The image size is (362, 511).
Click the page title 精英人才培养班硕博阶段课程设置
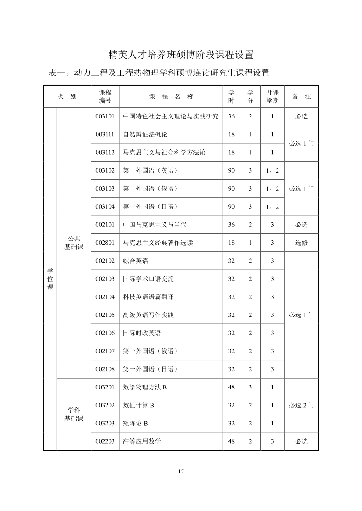[x=181, y=55]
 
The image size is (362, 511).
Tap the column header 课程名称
[x=171, y=97]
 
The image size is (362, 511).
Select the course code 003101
[x=105, y=117]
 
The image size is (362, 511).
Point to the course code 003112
[x=105, y=153]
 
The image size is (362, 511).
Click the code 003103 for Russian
[x=105, y=188]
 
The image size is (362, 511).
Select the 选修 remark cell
[x=301, y=243]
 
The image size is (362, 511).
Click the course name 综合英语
[x=136, y=261]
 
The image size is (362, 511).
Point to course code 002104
[x=105, y=297]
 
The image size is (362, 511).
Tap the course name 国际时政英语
[x=142, y=333]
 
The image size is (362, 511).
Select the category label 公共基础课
[x=74, y=243]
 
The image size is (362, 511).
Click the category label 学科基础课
[x=74, y=414]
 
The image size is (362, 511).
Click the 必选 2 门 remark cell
[x=301, y=405]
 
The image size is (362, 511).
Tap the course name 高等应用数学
[x=142, y=441]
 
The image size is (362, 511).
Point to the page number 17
[x=181, y=472]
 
